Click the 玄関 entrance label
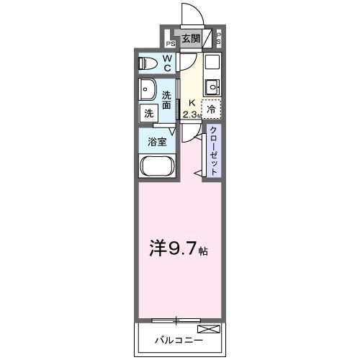(191, 38)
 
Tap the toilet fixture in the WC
(148, 63)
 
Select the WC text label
(168, 63)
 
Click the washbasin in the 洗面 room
(148, 89)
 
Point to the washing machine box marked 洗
(149, 113)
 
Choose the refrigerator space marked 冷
(211, 109)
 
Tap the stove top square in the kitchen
(212, 62)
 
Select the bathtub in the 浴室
(157, 166)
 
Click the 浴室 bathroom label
(157, 142)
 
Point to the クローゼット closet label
(213, 150)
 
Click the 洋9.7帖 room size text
(179, 248)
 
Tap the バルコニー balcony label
(179, 340)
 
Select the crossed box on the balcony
(209, 329)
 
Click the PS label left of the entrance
(171, 44)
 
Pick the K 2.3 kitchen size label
(192, 109)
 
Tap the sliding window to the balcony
(176, 320)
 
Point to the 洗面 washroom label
(166, 100)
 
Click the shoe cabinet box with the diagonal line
(207, 38)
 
